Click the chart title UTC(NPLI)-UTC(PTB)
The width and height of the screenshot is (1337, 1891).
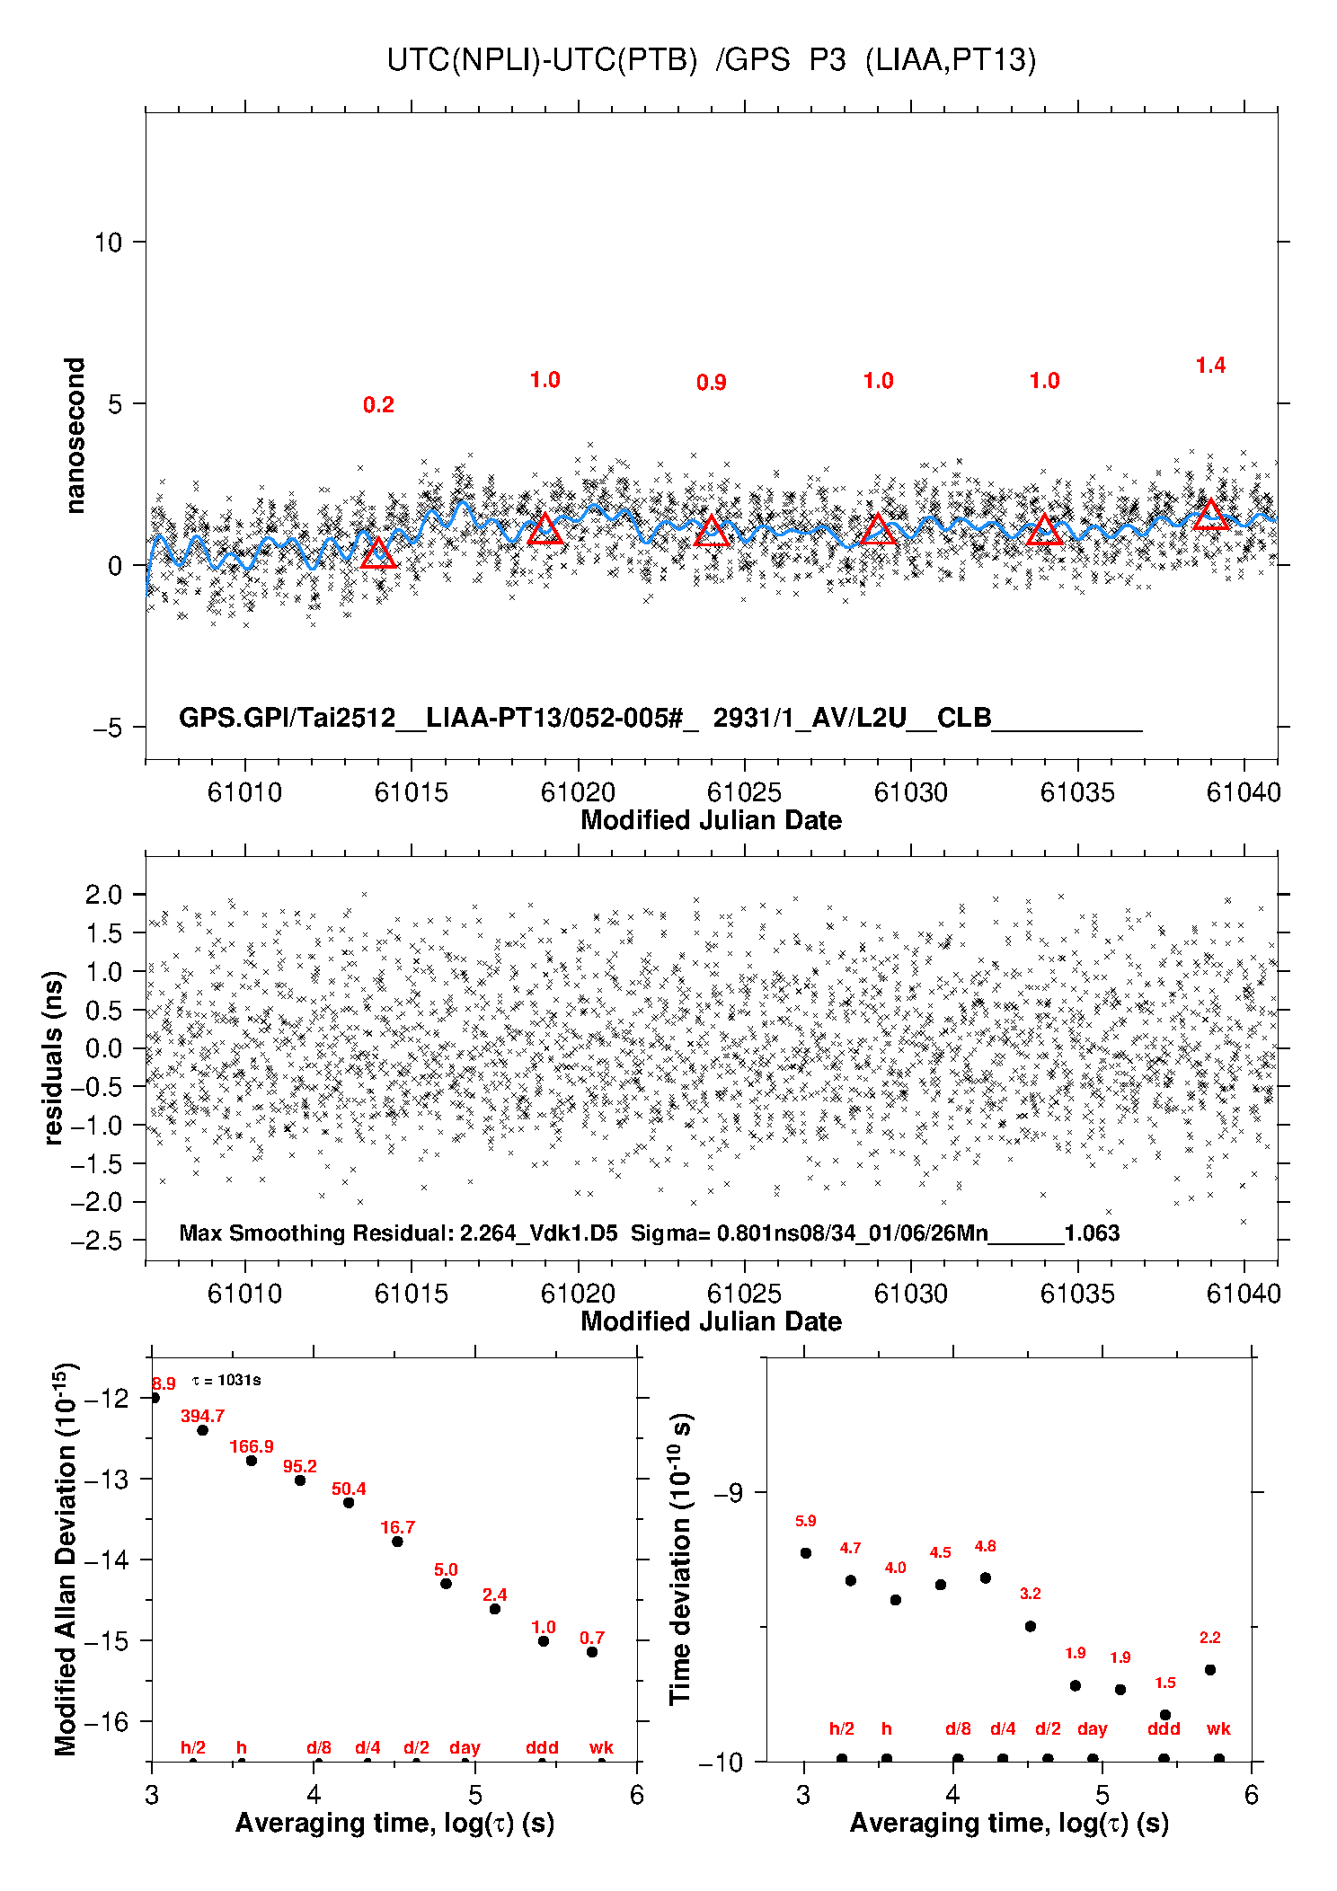point(542,60)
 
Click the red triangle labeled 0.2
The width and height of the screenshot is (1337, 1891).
point(378,554)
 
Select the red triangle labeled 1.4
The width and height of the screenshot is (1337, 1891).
point(1210,515)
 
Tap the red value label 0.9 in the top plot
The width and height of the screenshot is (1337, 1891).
point(711,383)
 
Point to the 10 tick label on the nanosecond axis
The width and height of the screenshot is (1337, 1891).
point(108,242)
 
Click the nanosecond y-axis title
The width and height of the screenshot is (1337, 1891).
point(75,436)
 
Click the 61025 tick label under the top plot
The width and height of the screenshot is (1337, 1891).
point(744,792)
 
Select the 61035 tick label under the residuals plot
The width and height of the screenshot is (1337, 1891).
point(1076,1294)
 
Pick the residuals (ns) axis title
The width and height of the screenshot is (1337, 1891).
point(54,1057)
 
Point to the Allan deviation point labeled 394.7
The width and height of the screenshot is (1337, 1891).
point(203,1430)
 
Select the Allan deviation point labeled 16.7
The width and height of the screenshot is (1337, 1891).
point(397,1542)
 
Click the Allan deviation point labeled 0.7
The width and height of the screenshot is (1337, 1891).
point(592,1652)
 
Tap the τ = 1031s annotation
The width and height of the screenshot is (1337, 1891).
point(226,1380)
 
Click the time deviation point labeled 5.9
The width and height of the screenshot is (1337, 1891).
point(806,1553)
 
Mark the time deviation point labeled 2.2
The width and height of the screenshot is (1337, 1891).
point(1210,1670)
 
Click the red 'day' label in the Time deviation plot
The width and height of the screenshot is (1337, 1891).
point(1092,1729)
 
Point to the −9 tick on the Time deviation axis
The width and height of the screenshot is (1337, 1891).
point(728,1492)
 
